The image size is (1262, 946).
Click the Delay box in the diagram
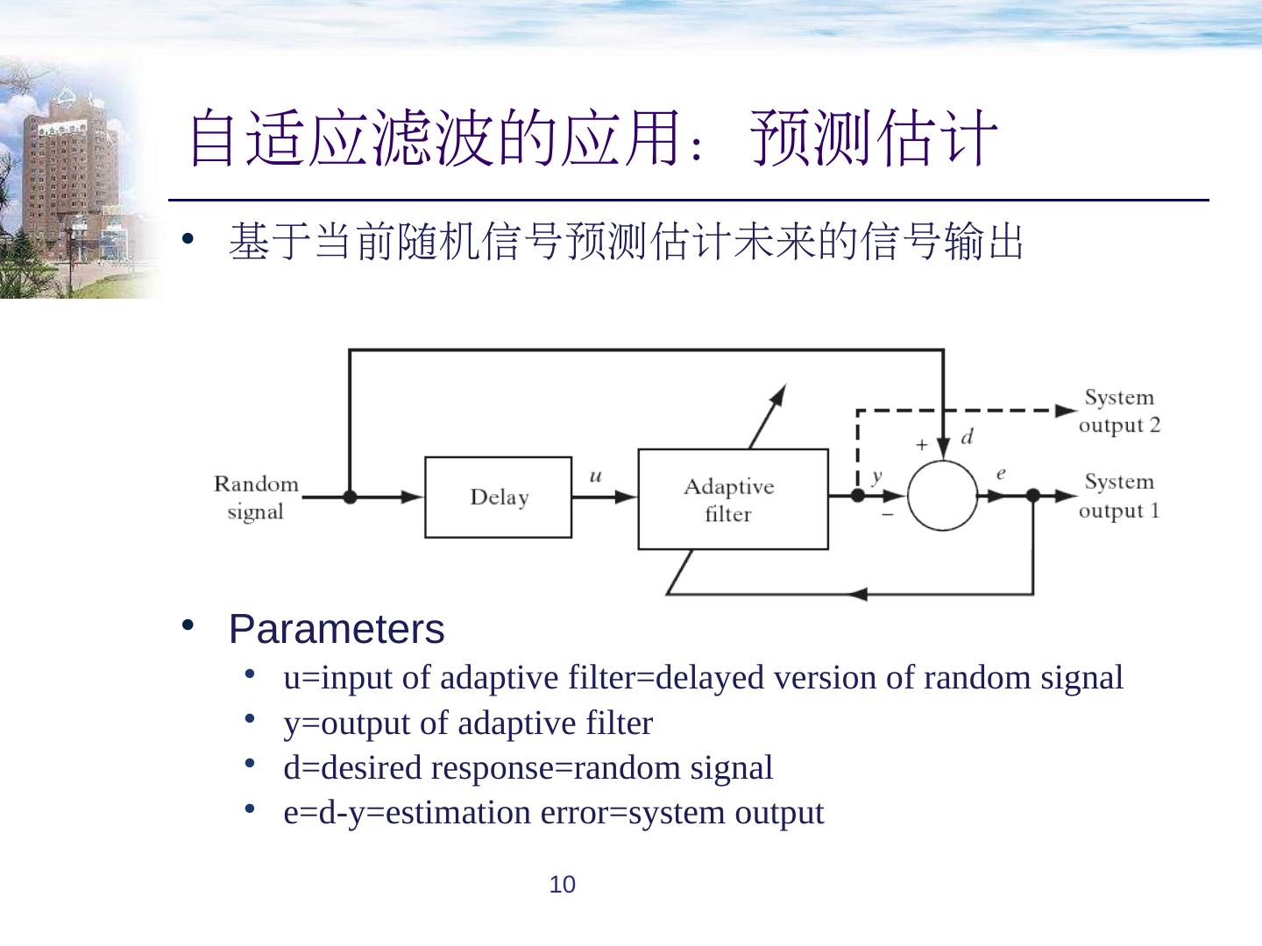pos(498,497)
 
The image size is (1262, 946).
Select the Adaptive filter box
pos(733,499)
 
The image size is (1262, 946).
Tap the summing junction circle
pos(942,496)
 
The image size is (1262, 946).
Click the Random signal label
pos(256,497)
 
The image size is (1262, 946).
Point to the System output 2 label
pos(1119,411)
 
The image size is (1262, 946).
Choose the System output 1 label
pos(1119,496)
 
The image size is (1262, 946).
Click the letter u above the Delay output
pos(596,477)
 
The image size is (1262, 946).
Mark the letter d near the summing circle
pos(967,437)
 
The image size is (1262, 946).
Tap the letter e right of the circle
pos(1001,474)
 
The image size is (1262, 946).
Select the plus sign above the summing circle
pos(921,445)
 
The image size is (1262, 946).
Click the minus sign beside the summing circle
pos(888,514)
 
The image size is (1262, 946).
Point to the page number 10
pos(562,885)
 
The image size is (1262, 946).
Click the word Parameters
pos(337,629)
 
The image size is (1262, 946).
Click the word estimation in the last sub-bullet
pos(457,813)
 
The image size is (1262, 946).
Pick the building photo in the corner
pos(74,180)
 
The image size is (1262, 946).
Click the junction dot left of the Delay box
pos(350,497)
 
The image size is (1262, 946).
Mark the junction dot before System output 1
pos(1032,496)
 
